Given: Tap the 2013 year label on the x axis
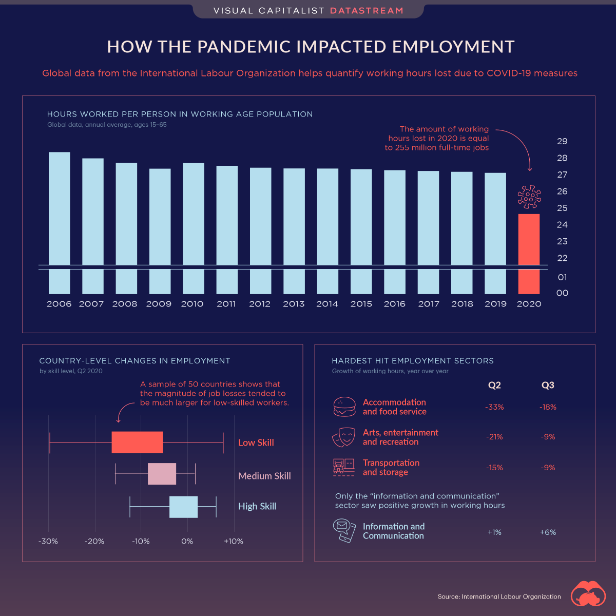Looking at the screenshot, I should click(294, 304).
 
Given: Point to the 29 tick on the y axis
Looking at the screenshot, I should click(562, 141).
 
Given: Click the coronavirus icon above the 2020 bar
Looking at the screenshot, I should click(529, 197).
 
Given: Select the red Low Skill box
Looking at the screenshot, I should click(137, 442).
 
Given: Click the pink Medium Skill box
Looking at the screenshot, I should click(162, 474).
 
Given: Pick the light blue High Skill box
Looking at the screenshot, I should click(183, 507).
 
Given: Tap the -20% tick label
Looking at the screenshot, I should click(94, 541).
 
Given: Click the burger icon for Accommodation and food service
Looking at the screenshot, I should click(344, 407).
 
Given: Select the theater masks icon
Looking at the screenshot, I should click(343, 437).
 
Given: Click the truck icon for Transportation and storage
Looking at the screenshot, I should click(343, 467).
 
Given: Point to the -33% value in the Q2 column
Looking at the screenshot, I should click(494, 407).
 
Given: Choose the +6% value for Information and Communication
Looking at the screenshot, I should click(548, 532).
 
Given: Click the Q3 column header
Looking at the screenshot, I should click(548, 385).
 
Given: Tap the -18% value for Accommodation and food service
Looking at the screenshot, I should click(548, 407).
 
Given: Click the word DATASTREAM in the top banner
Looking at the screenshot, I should click(367, 11).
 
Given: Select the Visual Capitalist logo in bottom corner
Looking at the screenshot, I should click(588, 594).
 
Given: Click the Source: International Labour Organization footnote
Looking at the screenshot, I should click(499, 596).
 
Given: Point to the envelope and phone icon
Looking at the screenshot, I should click(344, 531).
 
